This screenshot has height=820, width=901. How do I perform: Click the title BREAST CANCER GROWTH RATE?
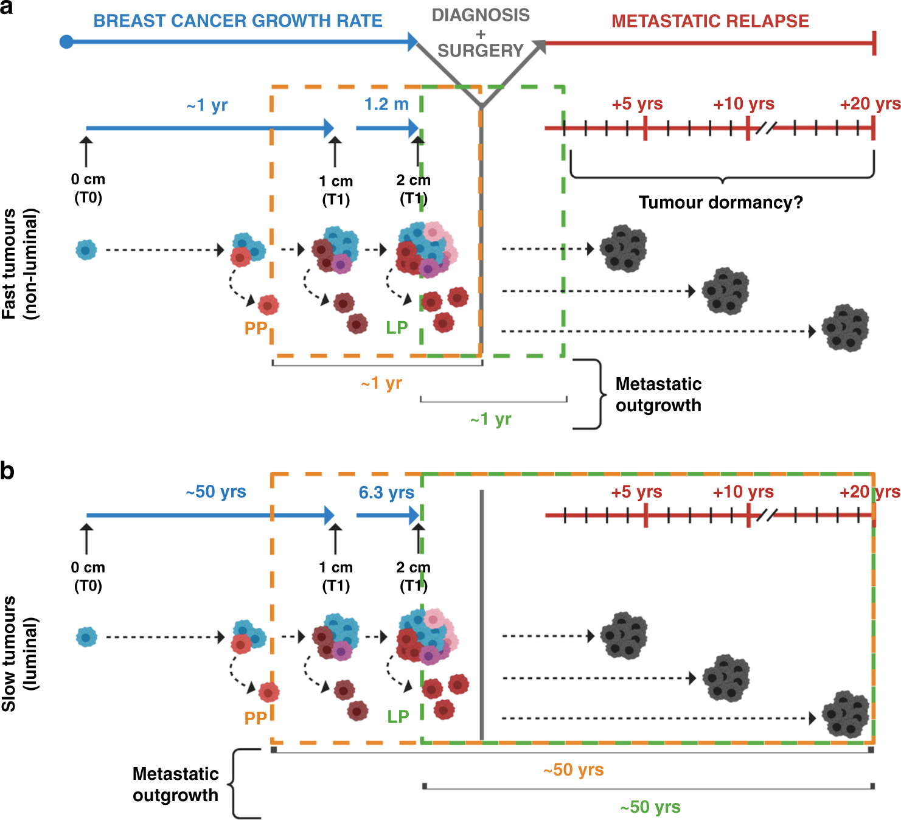238,21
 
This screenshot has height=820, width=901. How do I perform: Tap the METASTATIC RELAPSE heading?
710,21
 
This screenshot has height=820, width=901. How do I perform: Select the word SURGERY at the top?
481,50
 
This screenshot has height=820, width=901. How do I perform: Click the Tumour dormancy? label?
720,202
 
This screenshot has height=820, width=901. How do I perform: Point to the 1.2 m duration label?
386,104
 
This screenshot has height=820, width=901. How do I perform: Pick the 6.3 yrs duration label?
386,492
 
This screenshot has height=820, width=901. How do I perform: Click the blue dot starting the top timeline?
67,42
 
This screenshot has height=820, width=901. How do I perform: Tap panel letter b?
7,471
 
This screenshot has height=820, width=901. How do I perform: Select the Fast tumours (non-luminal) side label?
19,263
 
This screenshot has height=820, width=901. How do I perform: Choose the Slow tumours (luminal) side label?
19,654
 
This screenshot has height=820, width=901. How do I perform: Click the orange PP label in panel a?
256,328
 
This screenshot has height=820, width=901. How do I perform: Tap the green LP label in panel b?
398,717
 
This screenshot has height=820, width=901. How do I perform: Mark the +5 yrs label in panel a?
637,103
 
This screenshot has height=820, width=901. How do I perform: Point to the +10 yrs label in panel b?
743,492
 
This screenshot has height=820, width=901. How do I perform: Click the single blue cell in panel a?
86,249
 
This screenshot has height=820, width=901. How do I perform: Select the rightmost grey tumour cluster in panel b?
846,714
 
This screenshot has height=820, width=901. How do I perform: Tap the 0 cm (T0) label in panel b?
88,576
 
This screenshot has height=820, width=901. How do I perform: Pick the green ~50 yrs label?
650,807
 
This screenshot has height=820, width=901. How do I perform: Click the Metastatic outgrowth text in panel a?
658,394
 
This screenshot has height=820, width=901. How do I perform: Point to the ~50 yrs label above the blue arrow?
216,492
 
